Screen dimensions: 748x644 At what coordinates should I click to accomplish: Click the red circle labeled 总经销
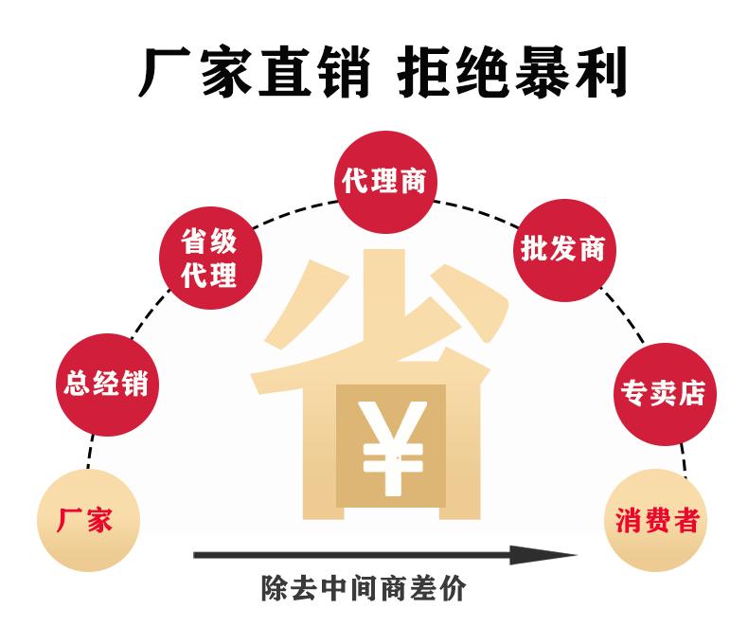pyautogui.click(x=106, y=385)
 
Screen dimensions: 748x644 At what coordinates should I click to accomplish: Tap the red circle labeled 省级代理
pyautogui.click(x=209, y=258)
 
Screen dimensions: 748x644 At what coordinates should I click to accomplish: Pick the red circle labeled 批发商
pyautogui.click(x=562, y=248)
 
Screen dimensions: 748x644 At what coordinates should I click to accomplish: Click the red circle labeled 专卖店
pyautogui.click(x=664, y=391)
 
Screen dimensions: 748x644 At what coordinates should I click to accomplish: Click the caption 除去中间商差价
pyautogui.click(x=364, y=589)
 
